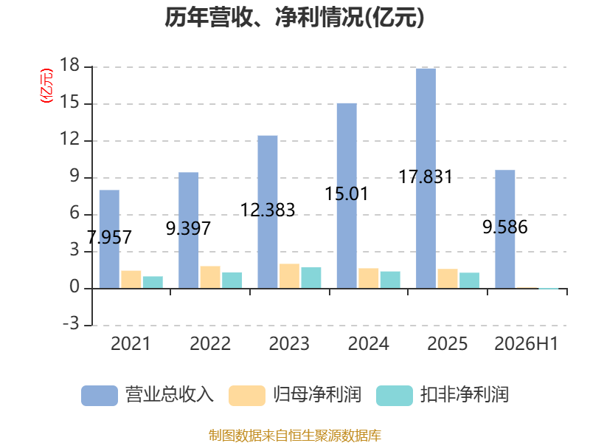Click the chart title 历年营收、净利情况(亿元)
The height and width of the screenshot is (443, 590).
(x=294, y=17)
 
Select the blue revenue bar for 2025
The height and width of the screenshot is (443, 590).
(x=426, y=179)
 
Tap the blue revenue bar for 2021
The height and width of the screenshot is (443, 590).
(x=109, y=239)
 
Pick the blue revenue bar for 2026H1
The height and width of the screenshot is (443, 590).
(x=505, y=229)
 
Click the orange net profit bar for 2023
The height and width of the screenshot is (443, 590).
(x=289, y=276)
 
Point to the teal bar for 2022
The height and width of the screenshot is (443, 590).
(x=232, y=281)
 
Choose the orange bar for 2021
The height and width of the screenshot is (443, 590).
(x=131, y=280)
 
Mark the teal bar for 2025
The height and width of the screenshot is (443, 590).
(x=469, y=281)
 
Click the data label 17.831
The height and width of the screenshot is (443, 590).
(x=426, y=176)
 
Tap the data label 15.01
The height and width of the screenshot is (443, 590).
(x=346, y=193)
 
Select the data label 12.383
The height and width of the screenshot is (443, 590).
(x=268, y=210)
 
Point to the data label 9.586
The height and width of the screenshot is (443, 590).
(x=505, y=227)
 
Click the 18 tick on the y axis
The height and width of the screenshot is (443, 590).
(x=69, y=66)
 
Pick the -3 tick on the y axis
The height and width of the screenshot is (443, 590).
(x=71, y=324)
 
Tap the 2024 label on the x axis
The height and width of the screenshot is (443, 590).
(x=368, y=343)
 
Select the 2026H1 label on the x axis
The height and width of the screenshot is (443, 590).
(x=526, y=343)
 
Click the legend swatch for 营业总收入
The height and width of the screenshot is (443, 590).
(x=100, y=396)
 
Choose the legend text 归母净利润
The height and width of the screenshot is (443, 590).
(x=317, y=395)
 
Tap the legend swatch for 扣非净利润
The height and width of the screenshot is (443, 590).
(x=395, y=396)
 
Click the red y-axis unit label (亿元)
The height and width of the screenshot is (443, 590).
(x=46, y=86)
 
